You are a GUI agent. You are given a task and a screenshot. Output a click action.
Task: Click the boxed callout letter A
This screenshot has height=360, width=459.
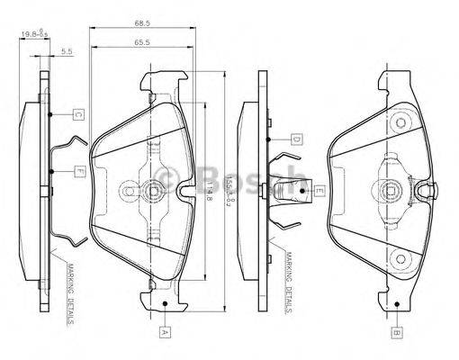click(165, 332)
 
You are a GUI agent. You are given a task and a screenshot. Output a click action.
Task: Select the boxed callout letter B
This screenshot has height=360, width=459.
click(395, 332)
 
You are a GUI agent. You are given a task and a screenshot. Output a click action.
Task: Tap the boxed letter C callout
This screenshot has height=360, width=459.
click(78, 115)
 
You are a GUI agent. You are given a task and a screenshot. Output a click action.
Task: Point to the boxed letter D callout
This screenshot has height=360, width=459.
click(295, 139)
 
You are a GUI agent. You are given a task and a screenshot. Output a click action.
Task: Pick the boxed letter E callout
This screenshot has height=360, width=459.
click(318, 191)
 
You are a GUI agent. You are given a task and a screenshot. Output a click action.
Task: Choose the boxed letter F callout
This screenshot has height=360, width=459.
click(79, 172)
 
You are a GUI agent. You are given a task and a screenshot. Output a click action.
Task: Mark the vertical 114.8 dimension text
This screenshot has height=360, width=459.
click(210, 189)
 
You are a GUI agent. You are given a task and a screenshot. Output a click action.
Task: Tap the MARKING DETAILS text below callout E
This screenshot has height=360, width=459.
click(286, 287)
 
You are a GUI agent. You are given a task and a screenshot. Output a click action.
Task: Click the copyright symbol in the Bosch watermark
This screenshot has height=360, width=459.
click(166, 179)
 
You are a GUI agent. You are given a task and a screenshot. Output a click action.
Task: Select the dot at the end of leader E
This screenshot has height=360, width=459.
click(289, 190)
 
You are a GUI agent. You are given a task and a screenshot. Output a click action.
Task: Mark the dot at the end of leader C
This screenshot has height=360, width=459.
click(54, 115)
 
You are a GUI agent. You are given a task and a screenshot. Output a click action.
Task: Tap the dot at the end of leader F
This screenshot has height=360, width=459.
click(54, 172)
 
